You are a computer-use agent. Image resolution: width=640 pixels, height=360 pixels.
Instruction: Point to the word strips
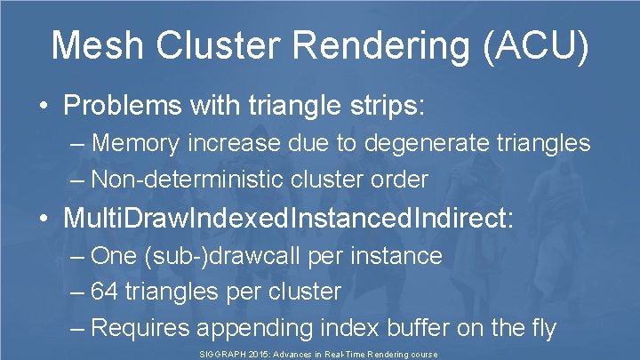[x=388, y=106]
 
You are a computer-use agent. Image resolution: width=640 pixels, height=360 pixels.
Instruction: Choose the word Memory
[x=136, y=142]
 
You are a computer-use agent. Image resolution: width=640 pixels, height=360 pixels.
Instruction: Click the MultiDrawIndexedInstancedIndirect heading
[x=288, y=219]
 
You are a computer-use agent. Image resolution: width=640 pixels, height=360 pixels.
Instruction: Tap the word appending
[x=244, y=328]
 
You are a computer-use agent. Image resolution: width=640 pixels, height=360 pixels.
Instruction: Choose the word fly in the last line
[x=540, y=328]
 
